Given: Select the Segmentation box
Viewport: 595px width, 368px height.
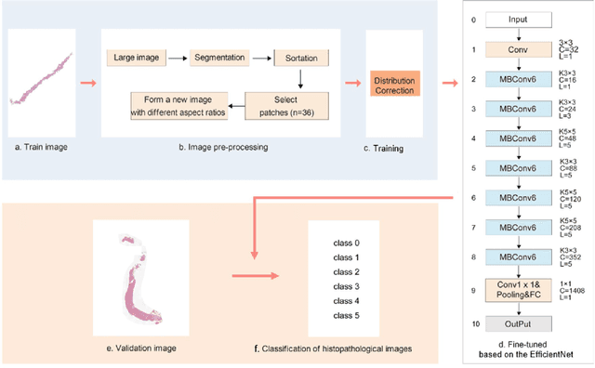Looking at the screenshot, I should click(x=218, y=59).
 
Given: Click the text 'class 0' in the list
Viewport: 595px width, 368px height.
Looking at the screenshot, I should click(x=346, y=243).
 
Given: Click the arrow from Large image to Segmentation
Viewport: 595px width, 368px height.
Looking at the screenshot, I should click(x=178, y=59).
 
